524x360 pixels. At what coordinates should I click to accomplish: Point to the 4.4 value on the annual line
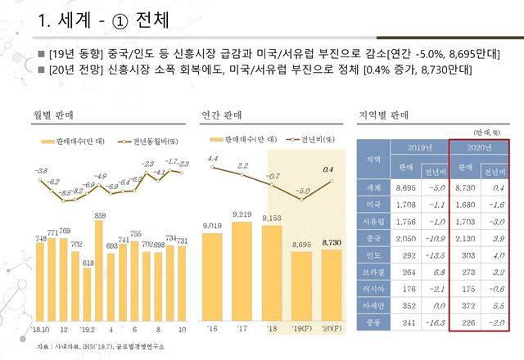point(212,158)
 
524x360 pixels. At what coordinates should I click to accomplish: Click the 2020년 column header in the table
point(478,148)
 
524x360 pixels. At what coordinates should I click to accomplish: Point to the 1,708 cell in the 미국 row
point(406,205)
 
